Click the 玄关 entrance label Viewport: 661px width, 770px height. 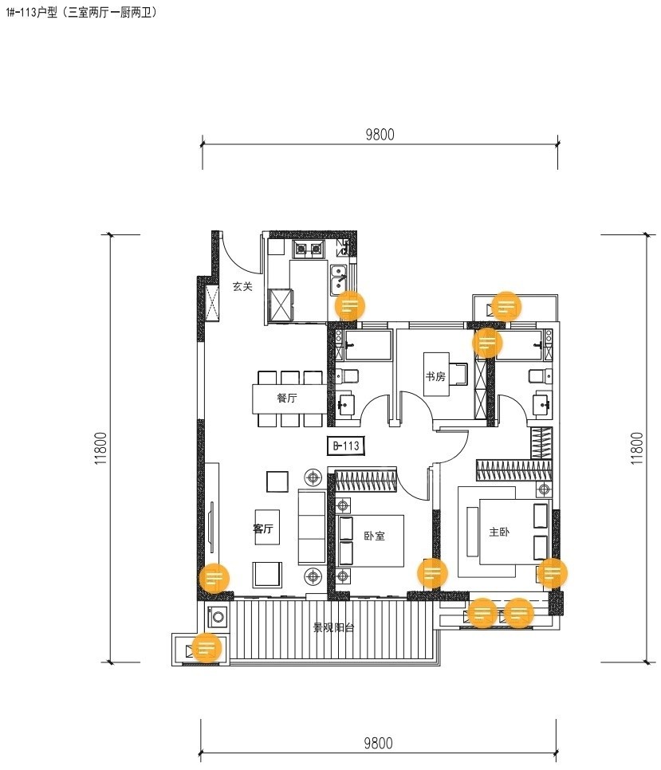(242, 286)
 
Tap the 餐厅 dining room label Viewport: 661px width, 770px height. (287, 398)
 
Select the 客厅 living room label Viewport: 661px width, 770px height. (263, 528)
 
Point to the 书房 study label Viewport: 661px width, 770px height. (435, 377)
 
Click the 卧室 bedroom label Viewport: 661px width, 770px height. (374, 536)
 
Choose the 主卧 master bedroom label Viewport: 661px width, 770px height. (499, 532)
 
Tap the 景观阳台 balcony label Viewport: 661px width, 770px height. (334, 627)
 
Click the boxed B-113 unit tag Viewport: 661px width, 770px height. (346, 446)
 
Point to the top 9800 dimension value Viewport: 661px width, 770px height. (380, 135)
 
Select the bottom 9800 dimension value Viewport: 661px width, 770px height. (378, 743)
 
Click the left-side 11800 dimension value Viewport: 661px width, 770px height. (101, 448)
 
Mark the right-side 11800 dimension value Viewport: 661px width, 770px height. (636, 448)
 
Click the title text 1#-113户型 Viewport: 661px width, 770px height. (32, 13)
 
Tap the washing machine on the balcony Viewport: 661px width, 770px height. (218, 616)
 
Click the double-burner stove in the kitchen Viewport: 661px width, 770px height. (308, 249)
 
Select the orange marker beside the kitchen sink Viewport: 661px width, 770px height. (350, 306)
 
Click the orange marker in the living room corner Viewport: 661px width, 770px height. (214, 577)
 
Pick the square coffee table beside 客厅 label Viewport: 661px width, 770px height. (277, 481)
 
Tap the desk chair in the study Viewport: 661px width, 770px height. (459, 375)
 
